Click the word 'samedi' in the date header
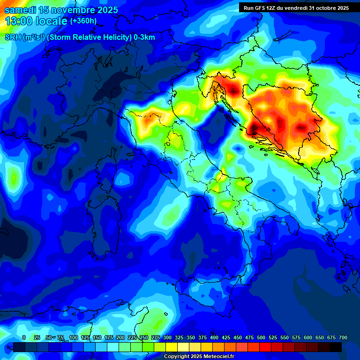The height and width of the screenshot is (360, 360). click(x=20, y=10)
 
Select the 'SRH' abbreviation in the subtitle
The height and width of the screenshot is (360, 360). click(x=13, y=37)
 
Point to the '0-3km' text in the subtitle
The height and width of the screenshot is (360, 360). click(x=144, y=37)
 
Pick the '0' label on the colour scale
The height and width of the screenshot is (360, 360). click(x=24, y=337)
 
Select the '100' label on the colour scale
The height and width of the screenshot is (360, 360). click(x=74, y=337)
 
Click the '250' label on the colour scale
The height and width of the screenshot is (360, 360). click(x=144, y=337)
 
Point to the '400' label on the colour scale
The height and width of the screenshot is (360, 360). click(x=214, y=337)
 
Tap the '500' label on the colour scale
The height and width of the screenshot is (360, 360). click(x=261, y=337)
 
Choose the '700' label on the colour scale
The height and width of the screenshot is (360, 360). click(x=343, y=337)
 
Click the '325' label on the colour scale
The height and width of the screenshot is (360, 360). click(x=179, y=337)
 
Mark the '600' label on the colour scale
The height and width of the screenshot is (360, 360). click(x=308, y=337)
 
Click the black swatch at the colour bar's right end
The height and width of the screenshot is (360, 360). click(x=336, y=347)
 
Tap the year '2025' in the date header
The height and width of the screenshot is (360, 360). click(x=103, y=10)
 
